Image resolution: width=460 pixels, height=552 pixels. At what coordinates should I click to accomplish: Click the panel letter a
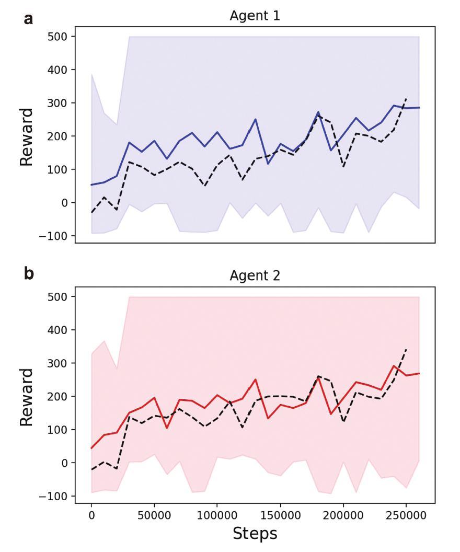(x=27, y=20)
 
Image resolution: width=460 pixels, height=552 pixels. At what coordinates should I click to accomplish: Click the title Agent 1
(x=255, y=16)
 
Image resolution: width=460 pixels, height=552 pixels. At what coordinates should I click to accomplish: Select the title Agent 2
(x=255, y=276)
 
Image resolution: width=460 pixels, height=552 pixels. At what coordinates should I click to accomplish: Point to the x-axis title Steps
(x=255, y=533)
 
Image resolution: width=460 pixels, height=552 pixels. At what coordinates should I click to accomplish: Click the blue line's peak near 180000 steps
(x=318, y=112)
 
